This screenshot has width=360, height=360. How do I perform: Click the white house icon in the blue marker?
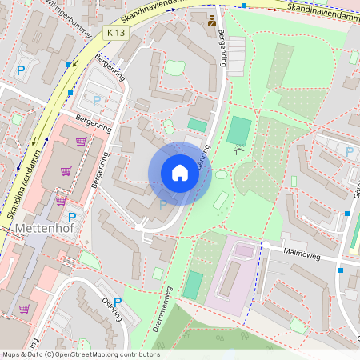(180, 174)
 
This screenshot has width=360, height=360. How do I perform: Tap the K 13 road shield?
(115, 32)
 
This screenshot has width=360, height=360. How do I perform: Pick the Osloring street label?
(112, 309)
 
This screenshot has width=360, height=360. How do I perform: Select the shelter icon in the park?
(238, 149)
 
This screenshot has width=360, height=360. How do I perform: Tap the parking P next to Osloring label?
(118, 302)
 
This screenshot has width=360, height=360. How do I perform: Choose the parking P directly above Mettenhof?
(71, 217)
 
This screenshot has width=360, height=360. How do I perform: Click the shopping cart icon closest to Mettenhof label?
(61, 200)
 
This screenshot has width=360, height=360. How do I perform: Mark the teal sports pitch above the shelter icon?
(238, 130)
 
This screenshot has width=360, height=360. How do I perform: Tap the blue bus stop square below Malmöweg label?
(341, 270)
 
